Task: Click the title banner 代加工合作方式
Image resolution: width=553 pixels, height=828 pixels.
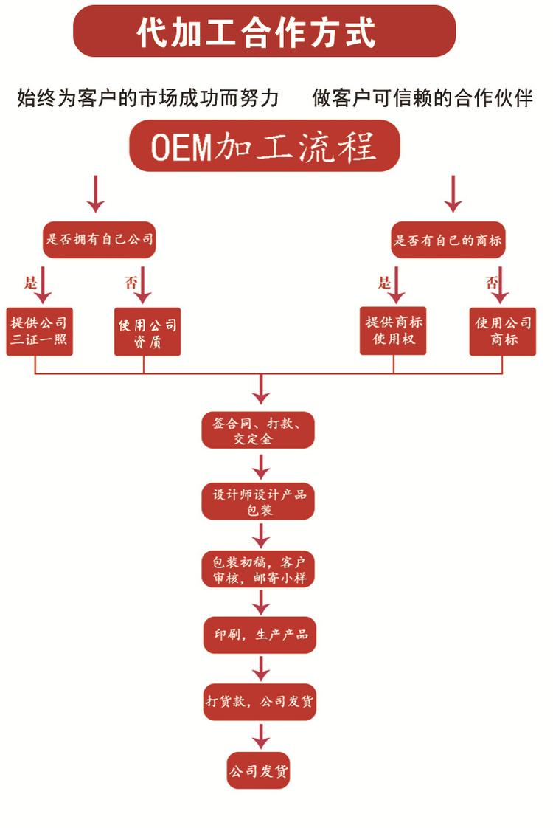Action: (x=263, y=31)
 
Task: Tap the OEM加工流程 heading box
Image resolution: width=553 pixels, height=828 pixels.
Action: (x=264, y=146)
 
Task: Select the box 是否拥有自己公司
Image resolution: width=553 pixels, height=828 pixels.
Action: (x=99, y=240)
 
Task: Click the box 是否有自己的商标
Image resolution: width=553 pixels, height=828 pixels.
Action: (x=448, y=240)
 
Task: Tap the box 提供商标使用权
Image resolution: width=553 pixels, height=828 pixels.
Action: (x=393, y=331)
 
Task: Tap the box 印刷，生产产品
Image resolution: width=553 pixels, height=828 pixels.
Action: (x=260, y=635)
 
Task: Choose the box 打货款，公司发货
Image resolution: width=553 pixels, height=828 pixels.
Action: (x=260, y=701)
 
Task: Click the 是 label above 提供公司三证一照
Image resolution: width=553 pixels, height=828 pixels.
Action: (x=30, y=283)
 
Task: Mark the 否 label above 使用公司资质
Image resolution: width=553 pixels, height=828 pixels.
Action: (x=131, y=283)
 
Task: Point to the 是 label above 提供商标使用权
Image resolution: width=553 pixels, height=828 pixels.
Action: (x=384, y=283)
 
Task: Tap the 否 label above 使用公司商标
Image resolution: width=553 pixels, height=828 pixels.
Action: (x=491, y=283)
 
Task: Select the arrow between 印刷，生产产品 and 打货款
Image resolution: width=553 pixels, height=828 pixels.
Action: (x=260, y=669)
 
